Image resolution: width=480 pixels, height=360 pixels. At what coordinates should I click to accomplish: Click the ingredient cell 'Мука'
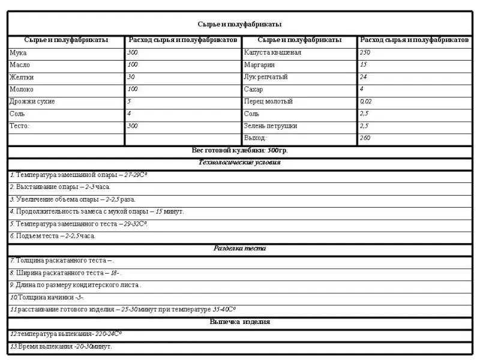[x=19, y=53]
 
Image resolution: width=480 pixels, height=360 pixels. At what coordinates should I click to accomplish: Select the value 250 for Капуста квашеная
[x=365, y=53]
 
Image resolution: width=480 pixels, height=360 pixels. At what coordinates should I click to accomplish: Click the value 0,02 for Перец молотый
[x=366, y=101]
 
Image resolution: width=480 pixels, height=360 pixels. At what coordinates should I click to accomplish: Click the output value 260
[x=365, y=138]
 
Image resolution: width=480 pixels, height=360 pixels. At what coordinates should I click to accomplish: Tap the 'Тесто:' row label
[x=20, y=126]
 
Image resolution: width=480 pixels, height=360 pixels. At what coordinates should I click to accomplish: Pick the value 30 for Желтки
[x=131, y=77]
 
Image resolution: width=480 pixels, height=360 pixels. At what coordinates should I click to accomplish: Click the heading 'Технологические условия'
[x=239, y=162]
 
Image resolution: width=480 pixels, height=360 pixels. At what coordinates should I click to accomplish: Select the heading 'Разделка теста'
[x=239, y=248]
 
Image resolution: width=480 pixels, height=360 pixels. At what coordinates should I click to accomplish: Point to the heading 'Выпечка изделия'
[x=239, y=322]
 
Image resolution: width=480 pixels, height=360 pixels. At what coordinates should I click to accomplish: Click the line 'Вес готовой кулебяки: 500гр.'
[x=239, y=150]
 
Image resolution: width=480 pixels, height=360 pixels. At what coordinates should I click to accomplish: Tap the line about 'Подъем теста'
[x=53, y=236]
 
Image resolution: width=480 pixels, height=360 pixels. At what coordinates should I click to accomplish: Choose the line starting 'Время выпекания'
[x=61, y=347]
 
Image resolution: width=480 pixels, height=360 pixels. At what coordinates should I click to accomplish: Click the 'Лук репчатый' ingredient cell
[x=266, y=77]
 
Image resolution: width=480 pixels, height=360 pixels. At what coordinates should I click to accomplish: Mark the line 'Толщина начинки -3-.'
[x=47, y=298]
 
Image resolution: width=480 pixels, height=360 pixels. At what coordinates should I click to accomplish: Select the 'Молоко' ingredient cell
[x=22, y=89]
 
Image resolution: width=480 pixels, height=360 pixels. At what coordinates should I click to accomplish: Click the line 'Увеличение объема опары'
[x=73, y=199]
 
